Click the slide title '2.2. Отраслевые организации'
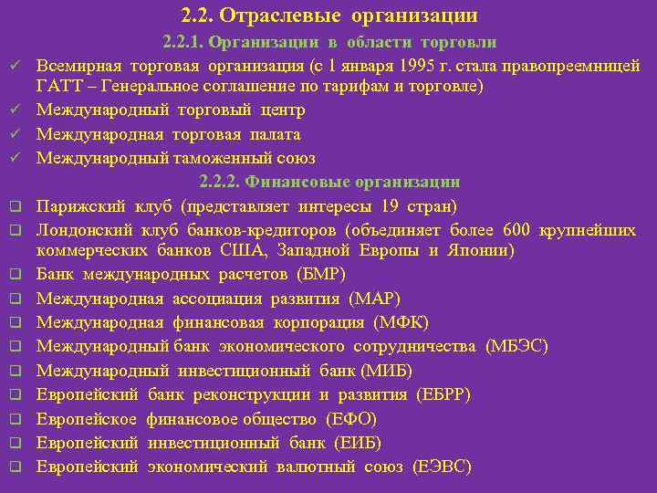pos(329,16)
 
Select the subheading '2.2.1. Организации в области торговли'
pos(329,42)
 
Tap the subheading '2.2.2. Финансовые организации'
pos(329,182)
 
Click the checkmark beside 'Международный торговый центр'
pos(16,110)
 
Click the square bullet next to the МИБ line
pos(16,371)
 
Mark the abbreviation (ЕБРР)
pos(443,394)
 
